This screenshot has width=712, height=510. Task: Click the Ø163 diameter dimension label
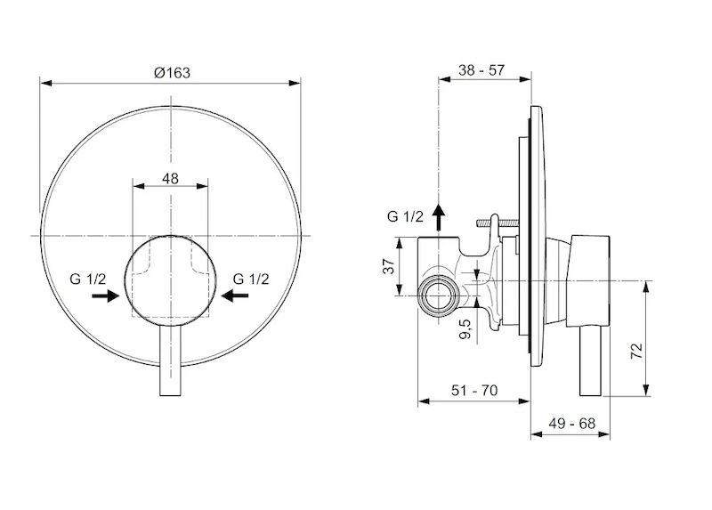(x=172, y=73)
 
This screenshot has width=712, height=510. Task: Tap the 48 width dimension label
(x=170, y=179)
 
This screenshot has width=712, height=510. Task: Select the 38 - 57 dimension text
(x=481, y=70)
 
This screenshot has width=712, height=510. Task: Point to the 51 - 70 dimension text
(x=474, y=390)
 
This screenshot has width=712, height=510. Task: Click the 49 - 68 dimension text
(x=571, y=424)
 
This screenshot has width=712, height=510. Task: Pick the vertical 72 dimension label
(x=637, y=351)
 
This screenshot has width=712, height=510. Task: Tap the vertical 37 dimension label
(x=389, y=266)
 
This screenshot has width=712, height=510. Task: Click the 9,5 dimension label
(x=465, y=328)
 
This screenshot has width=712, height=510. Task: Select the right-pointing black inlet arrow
(x=105, y=296)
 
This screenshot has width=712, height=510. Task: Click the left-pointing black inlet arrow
(x=235, y=296)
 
